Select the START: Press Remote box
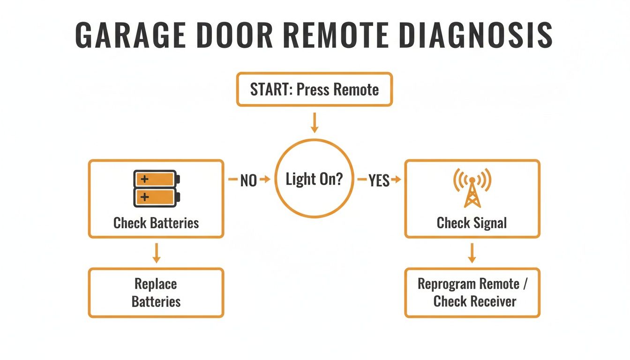(314, 90)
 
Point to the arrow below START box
(315, 122)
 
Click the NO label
(248, 180)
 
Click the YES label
(379, 180)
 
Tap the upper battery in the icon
(155, 179)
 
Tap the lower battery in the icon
(155, 197)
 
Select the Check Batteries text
(156, 223)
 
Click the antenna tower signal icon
(472, 188)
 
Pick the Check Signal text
(472, 223)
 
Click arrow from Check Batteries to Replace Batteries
(157, 253)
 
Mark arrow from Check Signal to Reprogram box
(472, 253)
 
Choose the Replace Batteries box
(156, 292)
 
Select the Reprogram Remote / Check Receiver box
(472, 292)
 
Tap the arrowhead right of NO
(267, 180)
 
